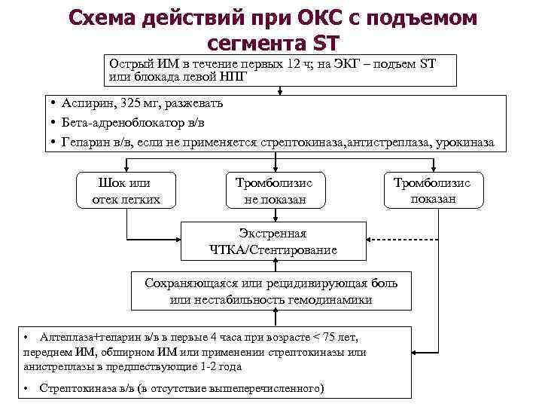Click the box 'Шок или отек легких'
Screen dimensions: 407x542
click(126, 191)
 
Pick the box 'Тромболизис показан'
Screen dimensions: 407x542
click(433, 191)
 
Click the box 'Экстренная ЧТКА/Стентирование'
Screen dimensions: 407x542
click(273, 241)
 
